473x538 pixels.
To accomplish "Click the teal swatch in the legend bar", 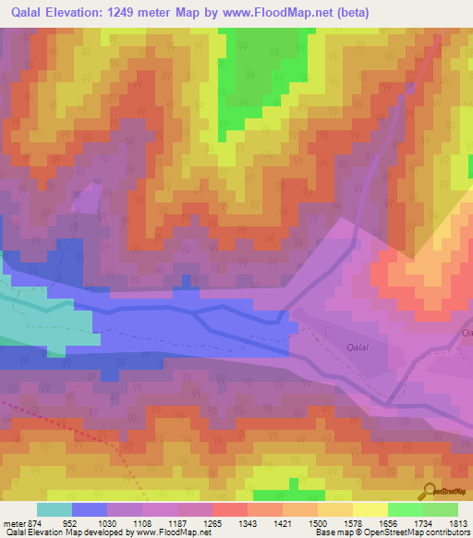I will pos(54,509).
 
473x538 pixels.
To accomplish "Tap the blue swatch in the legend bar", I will pos(89,509).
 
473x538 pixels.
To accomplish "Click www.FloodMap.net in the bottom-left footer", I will pos(168,533).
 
